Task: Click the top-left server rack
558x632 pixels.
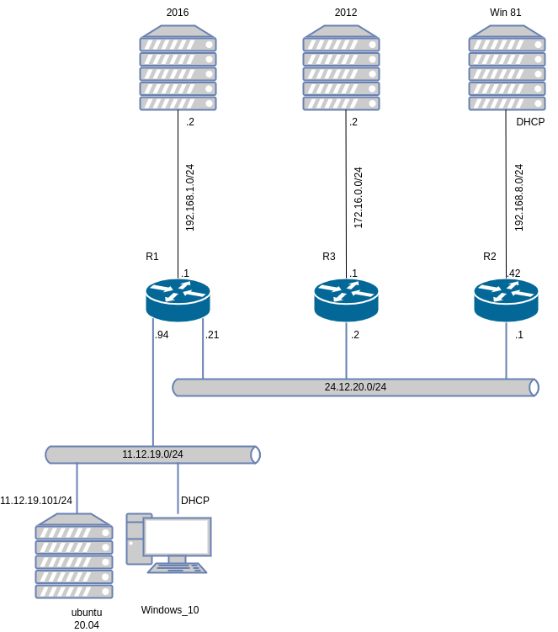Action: pyautogui.click(x=178, y=68)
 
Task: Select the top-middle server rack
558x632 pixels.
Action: pyautogui.click(x=341, y=68)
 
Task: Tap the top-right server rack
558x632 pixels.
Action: pyautogui.click(x=507, y=68)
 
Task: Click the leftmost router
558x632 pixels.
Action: pyautogui.click(x=178, y=300)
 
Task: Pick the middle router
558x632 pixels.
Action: pyautogui.click(x=346, y=300)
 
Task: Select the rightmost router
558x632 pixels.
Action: pyautogui.click(x=506, y=300)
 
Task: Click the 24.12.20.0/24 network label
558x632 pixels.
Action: pyautogui.click(x=355, y=387)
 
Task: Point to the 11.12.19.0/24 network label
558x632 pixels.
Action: pyautogui.click(x=152, y=454)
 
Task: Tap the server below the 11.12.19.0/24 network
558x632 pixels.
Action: pyautogui.click(x=74, y=556)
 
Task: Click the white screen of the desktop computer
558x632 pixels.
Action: pyautogui.click(x=177, y=536)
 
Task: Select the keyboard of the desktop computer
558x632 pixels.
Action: pyautogui.click(x=177, y=568)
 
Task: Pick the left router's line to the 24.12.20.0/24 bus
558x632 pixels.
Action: pyautogui.click(x=203, y=349)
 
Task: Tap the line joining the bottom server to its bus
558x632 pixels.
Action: pyautogui.click(x=77, y=488)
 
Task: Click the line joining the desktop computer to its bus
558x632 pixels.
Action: pyautogui.click(x=178, y=488)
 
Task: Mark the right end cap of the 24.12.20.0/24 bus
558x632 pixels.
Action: pyautogui.click(x=534, y=387)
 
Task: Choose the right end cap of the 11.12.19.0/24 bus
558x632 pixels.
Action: pyautogui.click(x=255, y=454)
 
